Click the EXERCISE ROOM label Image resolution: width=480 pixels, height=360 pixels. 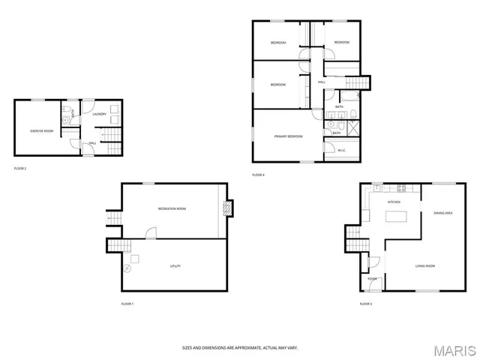coord(41,131)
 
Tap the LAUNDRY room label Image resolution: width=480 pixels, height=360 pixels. coord(99,115)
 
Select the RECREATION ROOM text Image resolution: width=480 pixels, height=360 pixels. coord(172,208)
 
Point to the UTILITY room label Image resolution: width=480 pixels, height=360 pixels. coord(175,266)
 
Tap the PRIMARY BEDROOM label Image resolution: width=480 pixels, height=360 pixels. coord(288,136)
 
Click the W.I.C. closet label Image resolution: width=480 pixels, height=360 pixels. coord(341,151)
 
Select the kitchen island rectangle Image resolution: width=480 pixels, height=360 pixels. coord(395,217)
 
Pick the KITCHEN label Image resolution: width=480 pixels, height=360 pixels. coord(394,202)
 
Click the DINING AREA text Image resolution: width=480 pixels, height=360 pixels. coord(442,214)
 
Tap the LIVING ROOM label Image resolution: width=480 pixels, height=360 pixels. coord(425,266)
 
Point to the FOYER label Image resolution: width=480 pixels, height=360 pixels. coord(372,278)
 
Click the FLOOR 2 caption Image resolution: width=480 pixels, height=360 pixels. coord(20,168)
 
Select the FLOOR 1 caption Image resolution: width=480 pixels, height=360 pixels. coord(127,304)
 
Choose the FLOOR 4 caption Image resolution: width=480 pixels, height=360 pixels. coord(258,175)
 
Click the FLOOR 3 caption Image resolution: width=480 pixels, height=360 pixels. coord(365,304)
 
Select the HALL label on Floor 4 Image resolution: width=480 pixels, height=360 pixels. coord(321,82)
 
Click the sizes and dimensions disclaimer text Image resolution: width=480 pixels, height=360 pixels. coord(239,347)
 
